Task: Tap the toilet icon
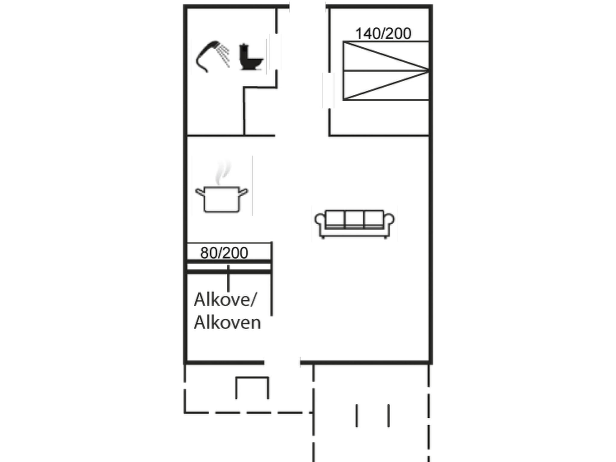[251, 57]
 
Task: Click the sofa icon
[354, 224]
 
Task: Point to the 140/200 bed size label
[383, 33]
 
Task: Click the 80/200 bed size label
[224, 253]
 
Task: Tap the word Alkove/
[225, 300]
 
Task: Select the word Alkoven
[227, 322]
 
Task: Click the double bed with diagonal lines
[386, 71]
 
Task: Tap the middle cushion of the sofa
[354, 219]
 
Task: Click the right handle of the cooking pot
[243, 192]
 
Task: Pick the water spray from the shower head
[224, 55]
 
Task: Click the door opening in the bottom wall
[282, 362]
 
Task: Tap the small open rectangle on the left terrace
[252, 387]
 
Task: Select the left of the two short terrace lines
[357, 415]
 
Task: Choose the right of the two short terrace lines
[389, 415]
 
